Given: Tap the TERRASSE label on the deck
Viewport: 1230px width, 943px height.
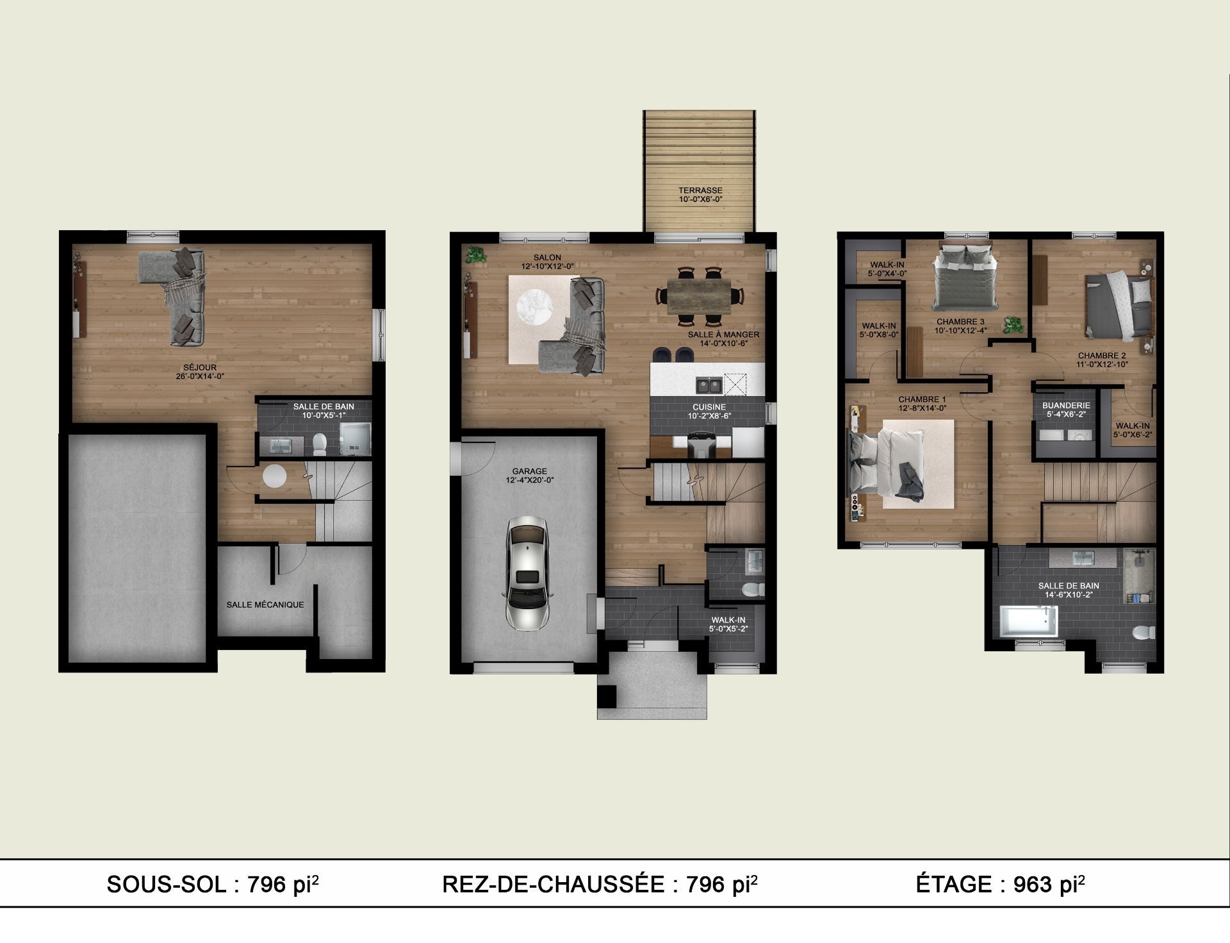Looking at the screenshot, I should pyautogui.click(x=700, y=190).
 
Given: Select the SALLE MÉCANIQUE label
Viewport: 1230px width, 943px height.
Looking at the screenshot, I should pyautogui.click(x=265, y=605).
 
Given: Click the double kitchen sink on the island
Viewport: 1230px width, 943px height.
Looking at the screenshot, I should pyautogui.click(x=709, y=385).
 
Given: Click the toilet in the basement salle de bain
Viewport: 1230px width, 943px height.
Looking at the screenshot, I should pyautogui.click(x=320, y=442).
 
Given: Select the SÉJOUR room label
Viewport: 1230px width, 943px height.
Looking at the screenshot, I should pyautogui.click(x=200, y=367).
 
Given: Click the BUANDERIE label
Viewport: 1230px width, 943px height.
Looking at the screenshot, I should pyautogui.click(x=1066, y=406).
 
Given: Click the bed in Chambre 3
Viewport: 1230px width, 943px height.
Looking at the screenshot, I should pyautogui.click(x=963, y=278).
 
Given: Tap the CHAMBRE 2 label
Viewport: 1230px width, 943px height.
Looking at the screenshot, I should pyautogui.click(x=1101, y=356).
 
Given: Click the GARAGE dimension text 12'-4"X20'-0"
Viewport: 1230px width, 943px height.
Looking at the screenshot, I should pyautogui.click(x=529, y=480).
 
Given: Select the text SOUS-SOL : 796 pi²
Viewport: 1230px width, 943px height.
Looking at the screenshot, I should pyautogui.click(x=213, y=884).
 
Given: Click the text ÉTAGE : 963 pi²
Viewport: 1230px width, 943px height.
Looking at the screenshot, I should pyautogui.click(x=1000, y=884).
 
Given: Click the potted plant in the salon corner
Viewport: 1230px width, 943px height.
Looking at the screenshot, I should pyautogui.click(x=475, y=254).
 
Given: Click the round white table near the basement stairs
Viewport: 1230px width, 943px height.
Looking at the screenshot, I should pyautogui.click(x=275, y=476).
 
